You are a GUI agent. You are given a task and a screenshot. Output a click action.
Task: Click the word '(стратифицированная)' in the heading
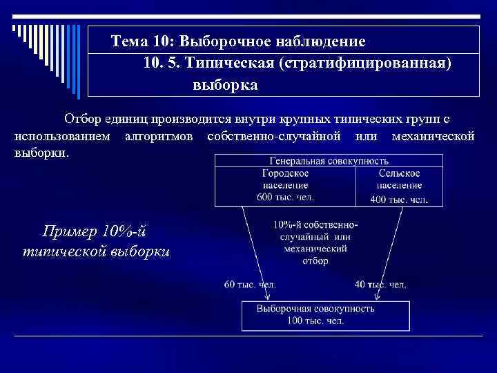pyautogui.click(x=365, y=64)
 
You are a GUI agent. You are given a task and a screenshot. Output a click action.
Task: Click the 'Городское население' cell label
pyautogui.click(x=285, y=180)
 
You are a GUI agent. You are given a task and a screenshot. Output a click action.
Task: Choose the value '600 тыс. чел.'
pyautogui.click(x=285, y=198)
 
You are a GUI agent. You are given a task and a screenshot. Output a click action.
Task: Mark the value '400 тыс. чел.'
pyautogui.click(x=399, y=199)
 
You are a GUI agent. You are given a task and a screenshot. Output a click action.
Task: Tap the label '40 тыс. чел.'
pyautogui.click(x=380, y=284)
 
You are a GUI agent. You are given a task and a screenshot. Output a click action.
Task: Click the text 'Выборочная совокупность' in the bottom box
pyautogui.click(x=315, y=309)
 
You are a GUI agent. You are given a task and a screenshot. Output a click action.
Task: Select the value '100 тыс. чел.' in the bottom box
pyautogui.click(x=315, y=321)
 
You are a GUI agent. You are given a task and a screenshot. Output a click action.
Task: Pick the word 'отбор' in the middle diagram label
pyautogui.click(x=315, y=261)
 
